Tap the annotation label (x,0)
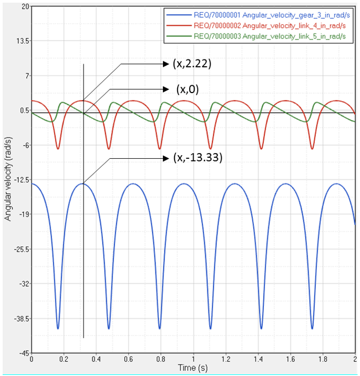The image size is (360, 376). coord(188,89)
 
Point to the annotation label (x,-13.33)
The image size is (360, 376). coord(195,157)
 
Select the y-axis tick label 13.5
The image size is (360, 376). coord(22,41)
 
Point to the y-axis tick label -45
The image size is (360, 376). coord(23,353)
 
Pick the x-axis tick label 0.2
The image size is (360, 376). coord(64,359)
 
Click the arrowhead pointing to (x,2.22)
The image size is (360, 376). coord(164,64)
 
